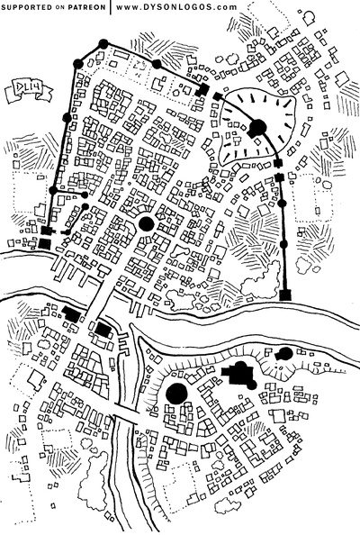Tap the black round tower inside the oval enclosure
point(257,128)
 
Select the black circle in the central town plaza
point(146,223)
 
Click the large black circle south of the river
point(177,393)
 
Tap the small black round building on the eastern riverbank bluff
point(285,353)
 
